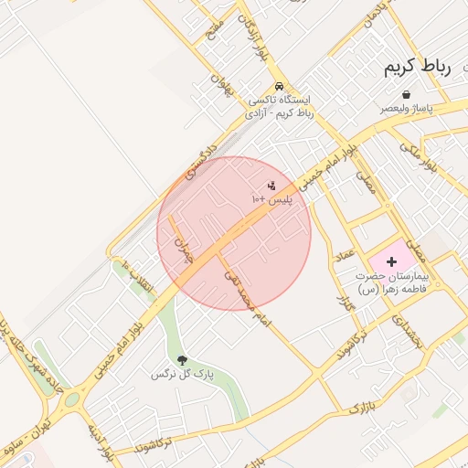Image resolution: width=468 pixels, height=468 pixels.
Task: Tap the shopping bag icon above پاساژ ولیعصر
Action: click(x=405, y=94)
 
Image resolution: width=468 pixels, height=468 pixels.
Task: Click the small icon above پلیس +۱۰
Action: click(x=271, y=186)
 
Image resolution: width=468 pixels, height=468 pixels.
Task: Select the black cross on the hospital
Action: click(x=392, y=261)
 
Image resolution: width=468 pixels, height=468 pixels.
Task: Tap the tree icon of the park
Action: click(x=181, y=360)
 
